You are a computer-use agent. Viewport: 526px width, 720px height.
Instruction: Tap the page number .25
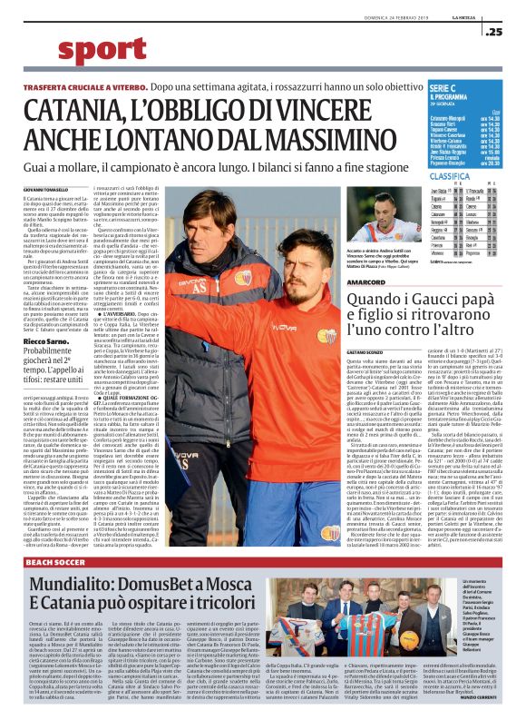[x=494, y=32]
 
